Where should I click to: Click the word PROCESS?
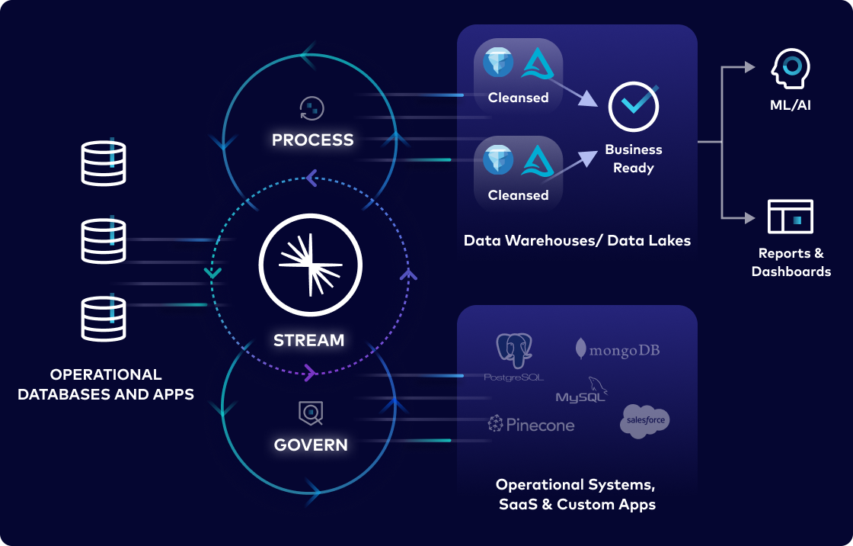(312, 140)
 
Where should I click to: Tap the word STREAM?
(309, 340)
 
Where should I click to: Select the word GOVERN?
(311, 445)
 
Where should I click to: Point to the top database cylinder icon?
(104, 163)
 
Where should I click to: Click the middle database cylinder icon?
(104, 241)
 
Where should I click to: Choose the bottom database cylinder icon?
(104, 319)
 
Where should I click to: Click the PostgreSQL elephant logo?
(514, 353)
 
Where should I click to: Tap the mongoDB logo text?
(618, 349)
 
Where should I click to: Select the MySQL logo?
(582, 391)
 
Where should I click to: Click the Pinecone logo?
(531, 425)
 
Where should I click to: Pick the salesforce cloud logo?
(644, 421)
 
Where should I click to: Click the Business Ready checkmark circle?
(633, 107)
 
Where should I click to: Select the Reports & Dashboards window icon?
(791, 217)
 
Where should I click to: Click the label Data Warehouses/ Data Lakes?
(577, 241)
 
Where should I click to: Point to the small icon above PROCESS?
(312, 108)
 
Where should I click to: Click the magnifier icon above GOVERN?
(311, 413)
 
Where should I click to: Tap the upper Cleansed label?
(518, 98)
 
